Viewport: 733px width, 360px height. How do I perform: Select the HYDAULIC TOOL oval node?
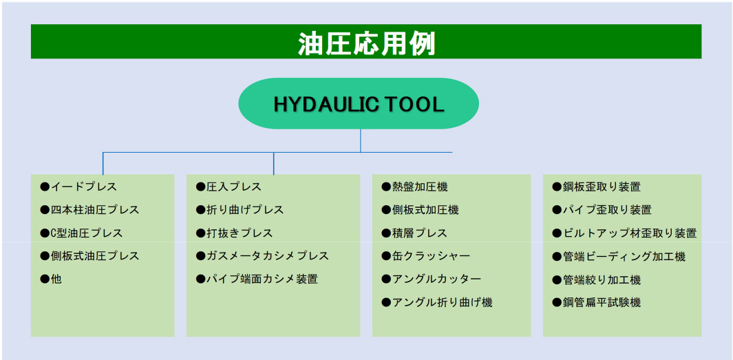pyautogui.click(x=359, y=103)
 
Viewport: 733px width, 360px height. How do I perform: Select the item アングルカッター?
pyautogui.click(x=432, y=279)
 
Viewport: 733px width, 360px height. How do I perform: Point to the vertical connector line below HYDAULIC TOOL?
pyautogui.click(x=361, y=140)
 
